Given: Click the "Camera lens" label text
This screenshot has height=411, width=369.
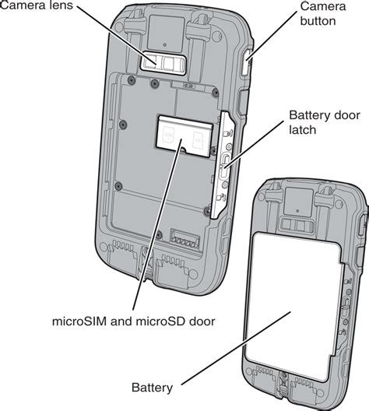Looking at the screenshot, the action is (x=36, y=5).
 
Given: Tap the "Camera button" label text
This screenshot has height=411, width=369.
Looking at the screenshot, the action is (x=322, y=14).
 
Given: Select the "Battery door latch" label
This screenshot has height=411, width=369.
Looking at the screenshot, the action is (x=325, y=122).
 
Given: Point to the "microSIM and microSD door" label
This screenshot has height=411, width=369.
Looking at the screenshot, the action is (x=134, y=321).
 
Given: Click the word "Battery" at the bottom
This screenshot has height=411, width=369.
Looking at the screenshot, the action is (x=152, y=388).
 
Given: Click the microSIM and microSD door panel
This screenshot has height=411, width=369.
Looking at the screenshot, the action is (x=184, y=135).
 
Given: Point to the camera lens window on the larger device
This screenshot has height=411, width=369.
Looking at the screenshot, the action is (x=163, y=64).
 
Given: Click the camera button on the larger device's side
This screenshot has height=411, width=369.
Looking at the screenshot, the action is (x=246, y=62).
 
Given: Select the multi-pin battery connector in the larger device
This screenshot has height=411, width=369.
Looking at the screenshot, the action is (x=185, y=239).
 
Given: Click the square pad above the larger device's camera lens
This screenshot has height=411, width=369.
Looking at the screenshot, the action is (x=166, y=34).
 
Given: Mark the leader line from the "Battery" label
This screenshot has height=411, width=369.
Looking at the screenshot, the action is (x=236, y=348).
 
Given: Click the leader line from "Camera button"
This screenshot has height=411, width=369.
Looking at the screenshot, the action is (x=271, y=36).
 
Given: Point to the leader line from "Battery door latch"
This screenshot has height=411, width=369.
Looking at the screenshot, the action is (x=253, y=144).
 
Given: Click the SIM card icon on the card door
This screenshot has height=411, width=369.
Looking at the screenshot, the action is (x=168, y=135).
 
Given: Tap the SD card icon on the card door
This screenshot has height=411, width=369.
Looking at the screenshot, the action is (x=199, y=139).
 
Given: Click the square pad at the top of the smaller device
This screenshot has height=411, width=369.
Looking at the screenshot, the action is (x=299, y=202).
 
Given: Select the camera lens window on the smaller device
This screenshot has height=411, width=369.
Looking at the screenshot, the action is (x=297, y=225).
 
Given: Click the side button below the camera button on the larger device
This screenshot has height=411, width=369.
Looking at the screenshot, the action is (x=243, y=102).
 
